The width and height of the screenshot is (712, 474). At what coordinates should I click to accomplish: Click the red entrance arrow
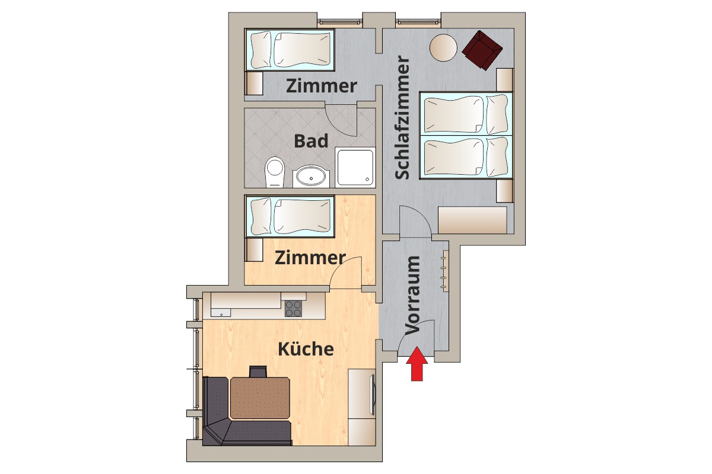click(417, 364)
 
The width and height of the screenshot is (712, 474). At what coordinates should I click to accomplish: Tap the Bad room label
click(311, 141)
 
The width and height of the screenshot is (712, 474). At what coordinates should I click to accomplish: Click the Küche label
click(306, 349)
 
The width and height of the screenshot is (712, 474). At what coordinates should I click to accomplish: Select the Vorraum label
click(412, 295)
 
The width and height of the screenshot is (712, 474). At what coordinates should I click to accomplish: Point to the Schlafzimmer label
click(402, 118)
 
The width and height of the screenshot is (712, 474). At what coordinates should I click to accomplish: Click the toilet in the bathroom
click(275, 172)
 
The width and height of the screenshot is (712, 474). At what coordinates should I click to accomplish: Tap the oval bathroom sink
click(311, 177)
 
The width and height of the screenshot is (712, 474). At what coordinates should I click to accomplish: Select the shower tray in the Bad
click(355, 167)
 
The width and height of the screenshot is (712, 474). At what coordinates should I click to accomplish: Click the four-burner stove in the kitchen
click(293, 309)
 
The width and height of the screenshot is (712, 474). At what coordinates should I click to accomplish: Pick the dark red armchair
click(482, 50)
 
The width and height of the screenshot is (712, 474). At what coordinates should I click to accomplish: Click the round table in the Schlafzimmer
click(443, 47)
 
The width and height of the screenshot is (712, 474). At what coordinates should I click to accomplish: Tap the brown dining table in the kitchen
click(260, 398)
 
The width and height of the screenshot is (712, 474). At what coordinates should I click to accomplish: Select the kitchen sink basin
click(220, 313)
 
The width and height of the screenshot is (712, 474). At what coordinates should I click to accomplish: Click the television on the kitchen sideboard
click(373, 395)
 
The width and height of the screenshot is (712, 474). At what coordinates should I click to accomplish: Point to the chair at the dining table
click(258, 371)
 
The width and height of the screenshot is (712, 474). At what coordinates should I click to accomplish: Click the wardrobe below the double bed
click(472, 220)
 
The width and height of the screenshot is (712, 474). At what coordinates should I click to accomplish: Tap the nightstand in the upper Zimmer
click(254, 83)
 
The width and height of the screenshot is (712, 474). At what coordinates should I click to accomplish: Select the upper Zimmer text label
click(322, 86)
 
